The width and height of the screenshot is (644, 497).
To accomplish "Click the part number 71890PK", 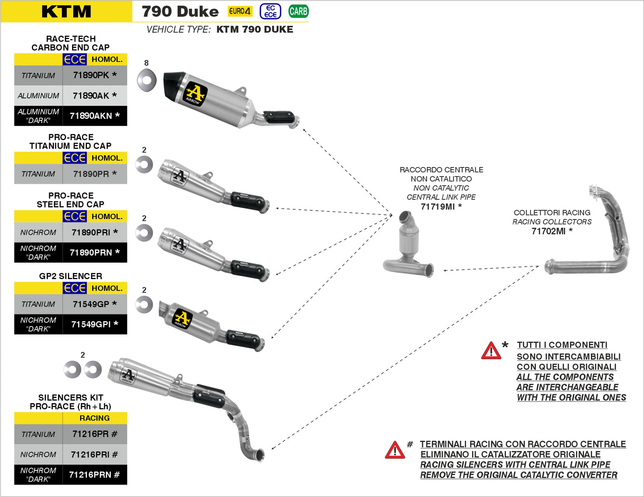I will [91, 75].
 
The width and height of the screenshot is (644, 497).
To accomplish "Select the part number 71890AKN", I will [91, 116].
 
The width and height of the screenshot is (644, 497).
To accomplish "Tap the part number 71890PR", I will [91, 174].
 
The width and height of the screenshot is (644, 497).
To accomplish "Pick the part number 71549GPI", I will [91, 324].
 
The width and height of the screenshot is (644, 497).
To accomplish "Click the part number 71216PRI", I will [90, 455].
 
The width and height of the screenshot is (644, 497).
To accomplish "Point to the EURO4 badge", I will [240, 11].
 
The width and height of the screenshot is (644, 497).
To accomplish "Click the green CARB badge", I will [298, 11].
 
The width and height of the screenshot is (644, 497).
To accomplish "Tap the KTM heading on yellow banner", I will [66, 12].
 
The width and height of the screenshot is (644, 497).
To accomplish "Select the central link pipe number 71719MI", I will [438, 207].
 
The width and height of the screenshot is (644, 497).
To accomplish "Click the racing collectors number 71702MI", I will [549, 231].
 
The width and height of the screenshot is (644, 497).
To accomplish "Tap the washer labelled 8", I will [147, 80].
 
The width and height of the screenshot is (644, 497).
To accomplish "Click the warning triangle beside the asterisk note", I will [491, 351].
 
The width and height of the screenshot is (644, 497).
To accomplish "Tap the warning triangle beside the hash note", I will [395, 450].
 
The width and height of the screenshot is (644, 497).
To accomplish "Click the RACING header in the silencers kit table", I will [95, 418].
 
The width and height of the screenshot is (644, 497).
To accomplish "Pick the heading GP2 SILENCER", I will [70, 276].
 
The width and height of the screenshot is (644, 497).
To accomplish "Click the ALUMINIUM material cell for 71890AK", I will [38, 96].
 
